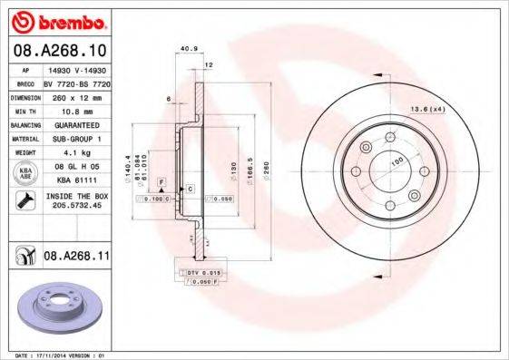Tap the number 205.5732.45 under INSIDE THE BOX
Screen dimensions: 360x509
74,204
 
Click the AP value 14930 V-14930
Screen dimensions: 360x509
74,68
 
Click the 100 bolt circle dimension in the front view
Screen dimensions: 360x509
396,161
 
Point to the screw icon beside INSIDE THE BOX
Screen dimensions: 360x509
25,199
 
